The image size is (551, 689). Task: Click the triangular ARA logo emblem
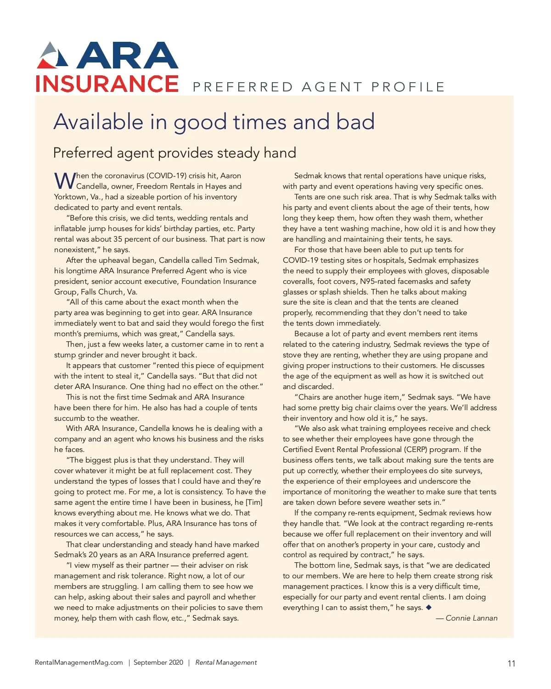52,56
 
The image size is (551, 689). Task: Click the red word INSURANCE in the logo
107,84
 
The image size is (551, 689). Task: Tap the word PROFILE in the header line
408,87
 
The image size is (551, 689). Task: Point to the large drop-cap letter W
65,181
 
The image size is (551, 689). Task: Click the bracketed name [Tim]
254,503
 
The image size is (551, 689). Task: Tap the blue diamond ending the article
429,607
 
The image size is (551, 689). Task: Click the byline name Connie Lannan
471,618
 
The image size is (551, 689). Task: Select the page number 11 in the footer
512,663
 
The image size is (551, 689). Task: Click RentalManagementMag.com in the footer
79,662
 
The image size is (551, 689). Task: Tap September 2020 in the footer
158,662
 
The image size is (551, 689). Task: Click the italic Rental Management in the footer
226,662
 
